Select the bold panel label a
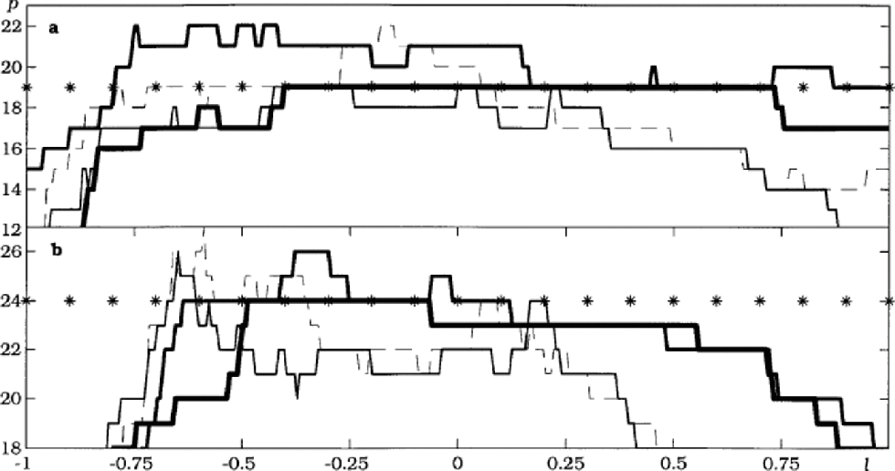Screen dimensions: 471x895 click(54, 28)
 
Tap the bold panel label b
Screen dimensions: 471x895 click(56, 249)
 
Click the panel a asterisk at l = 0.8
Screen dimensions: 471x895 click(803, 88)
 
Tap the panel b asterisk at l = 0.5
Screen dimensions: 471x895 click(674, 299)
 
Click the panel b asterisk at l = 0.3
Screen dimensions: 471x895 click(587, 299)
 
